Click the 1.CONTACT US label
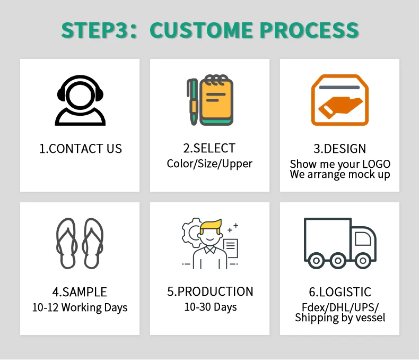pyautogui.click(x=81, y=149)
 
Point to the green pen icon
pyautogui.click(x=192, y=102)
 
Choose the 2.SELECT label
pyautogui.click(x=210, y=148)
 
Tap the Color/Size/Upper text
pyautogui.click(x=210, y=163)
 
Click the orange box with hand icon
pyautogui.click(x=339, y=100)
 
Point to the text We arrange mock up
pyautogui.click(x=340, y=174)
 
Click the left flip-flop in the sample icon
pyautogui.click(x=66, y=243)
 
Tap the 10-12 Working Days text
pyautogui.click(x=80, y=307)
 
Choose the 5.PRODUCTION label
pyautogui.click(x=210, y=292)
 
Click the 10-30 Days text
pyautogui.click(x=210, y=307)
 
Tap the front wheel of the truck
pyautogui.click(x=363, y=260)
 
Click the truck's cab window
pyautogui.click(x=362, y=239)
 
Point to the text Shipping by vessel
pyautogui.click(x=340, y=318)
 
